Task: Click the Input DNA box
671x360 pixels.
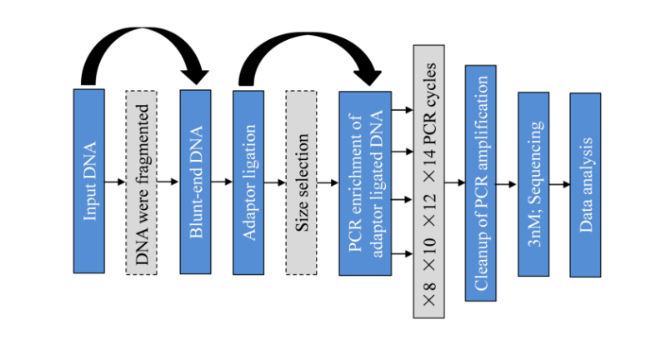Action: (x=89, y=181)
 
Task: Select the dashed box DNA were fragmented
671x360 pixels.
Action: (x=142, y=181)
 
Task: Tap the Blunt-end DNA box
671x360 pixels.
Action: (x=196, y=181)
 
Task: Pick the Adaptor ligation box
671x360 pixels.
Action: (x=248, y=181)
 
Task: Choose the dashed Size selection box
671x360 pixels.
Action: (x=302, y=181)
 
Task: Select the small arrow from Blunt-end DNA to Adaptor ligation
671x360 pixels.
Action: (x=223, y=181)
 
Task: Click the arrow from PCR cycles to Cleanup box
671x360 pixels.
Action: (x=454, y=181)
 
